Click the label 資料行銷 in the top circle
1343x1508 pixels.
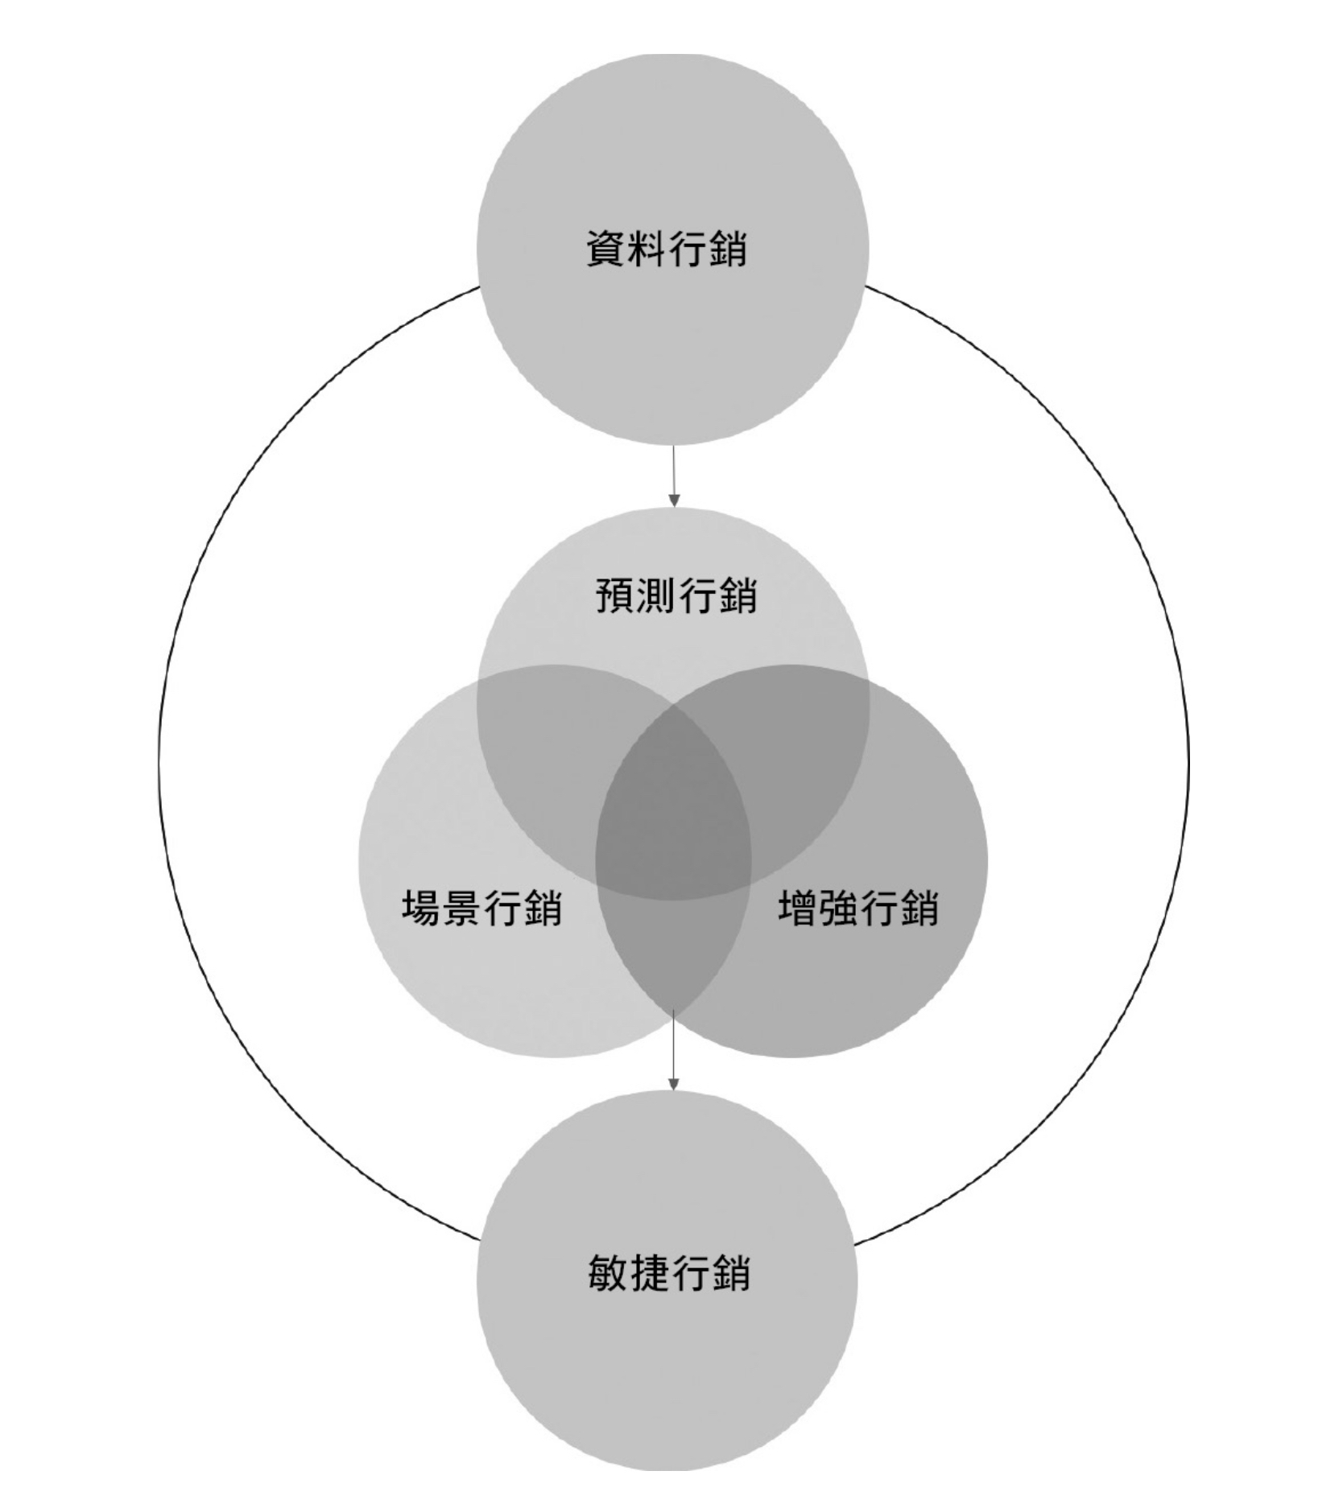click(666, 249)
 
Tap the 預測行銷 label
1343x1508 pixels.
click(676, 595)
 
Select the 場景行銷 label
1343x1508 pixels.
click(481, 909)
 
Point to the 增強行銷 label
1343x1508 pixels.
click(858, 909)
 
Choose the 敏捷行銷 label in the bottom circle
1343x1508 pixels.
click(669, 1273)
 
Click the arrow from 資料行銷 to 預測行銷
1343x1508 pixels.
click(674, 476)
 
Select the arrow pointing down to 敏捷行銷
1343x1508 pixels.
click(674, 1051)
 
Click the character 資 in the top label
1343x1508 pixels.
click(605, 249)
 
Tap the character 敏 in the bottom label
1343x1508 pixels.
click(609, 1273)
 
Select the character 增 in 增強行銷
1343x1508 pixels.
click(797, 909)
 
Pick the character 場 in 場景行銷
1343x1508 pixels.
click(420, 909)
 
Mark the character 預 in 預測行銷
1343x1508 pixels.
click(616, 595)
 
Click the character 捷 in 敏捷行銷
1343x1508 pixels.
click(649, 1273)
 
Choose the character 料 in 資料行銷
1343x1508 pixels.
click(646, 249)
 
